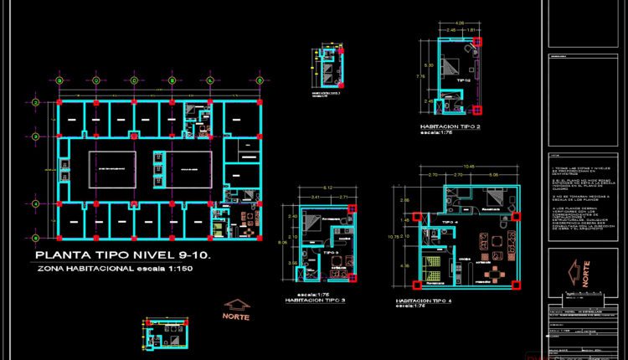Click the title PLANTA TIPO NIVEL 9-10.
point(128,255)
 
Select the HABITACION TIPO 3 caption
point(316,300)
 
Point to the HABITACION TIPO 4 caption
point(424,300)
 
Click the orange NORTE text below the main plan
point(238,316)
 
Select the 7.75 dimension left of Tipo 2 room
point(422,75)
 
